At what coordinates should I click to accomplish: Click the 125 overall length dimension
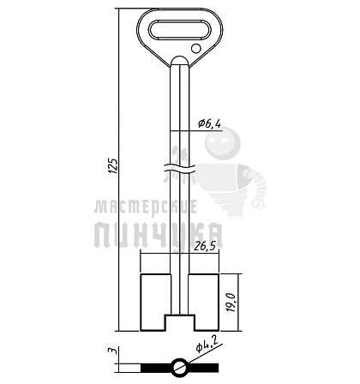[x=113, y=165]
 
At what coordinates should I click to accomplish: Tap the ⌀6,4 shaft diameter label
[x=209, y=123]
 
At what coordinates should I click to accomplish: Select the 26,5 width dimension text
[x=204, y=246]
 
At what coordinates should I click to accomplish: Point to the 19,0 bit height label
[x=231, y=303]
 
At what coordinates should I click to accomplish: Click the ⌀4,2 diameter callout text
[x=207, y=345]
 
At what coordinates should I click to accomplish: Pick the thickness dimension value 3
[x=114, y=351]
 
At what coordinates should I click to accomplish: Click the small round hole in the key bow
[x=195, y=48]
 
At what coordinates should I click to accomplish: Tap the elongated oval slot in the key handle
[x=179, y=29]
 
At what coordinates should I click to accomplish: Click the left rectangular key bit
[x=155, y=303]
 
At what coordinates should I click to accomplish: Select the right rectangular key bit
[x=204, y=303]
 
